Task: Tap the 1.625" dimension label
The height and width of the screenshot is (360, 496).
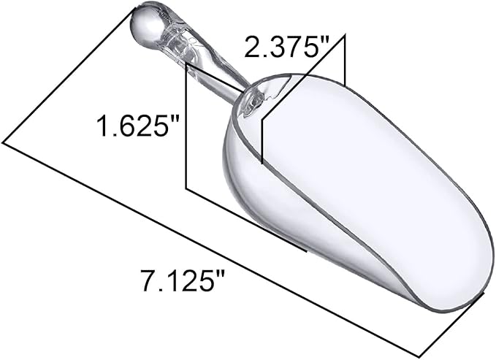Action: click(139, 126)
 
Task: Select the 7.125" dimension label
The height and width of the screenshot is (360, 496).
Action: click(183, 280)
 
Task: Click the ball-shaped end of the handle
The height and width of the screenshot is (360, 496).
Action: click(145, 23)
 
